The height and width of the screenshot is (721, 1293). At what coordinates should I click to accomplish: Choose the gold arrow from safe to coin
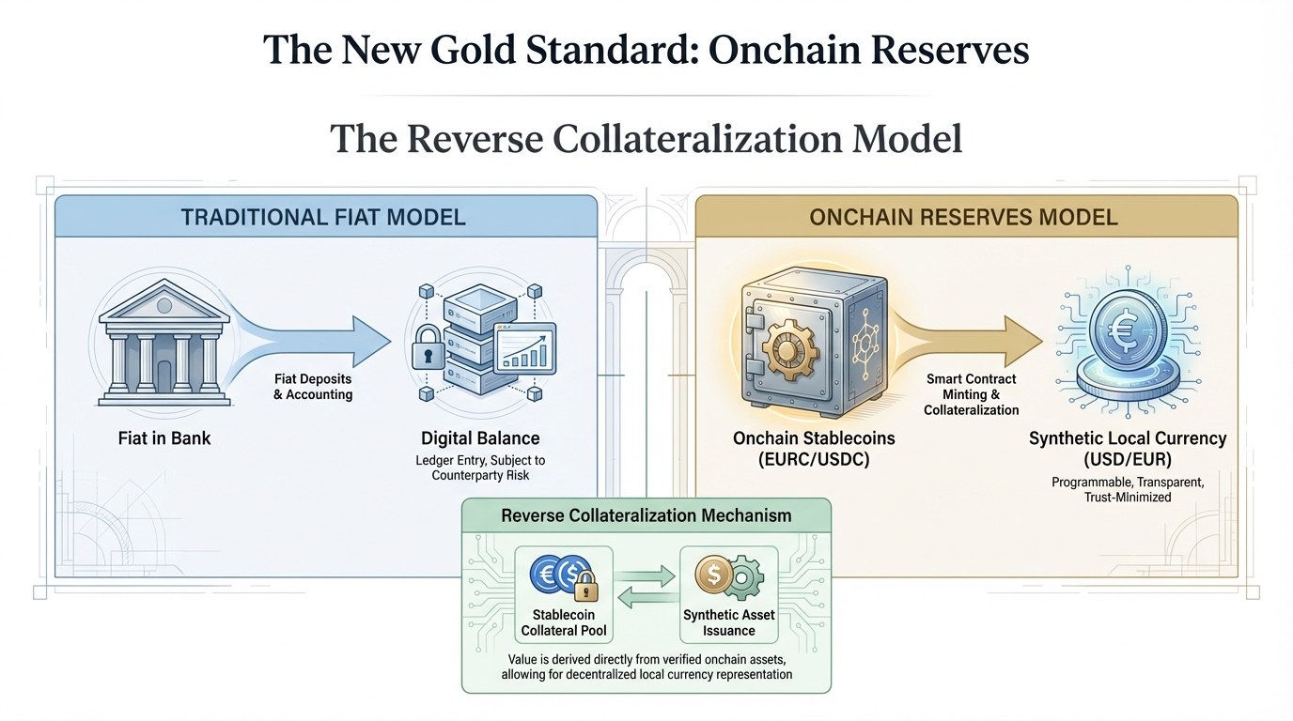coord(968,338)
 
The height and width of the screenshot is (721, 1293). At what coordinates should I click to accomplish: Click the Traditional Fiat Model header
coord(323,218)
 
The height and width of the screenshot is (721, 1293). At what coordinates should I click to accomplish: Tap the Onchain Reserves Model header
coord(964,218)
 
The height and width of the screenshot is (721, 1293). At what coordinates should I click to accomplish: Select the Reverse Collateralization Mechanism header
coord(646,515)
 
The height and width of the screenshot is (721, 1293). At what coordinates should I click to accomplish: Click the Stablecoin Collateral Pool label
coord(565,622)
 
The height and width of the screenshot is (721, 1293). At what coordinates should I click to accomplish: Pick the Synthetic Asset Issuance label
coord(729,622)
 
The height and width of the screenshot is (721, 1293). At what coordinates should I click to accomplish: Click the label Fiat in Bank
coord(164,437)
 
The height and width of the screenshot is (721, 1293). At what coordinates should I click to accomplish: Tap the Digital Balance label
coord(479,437)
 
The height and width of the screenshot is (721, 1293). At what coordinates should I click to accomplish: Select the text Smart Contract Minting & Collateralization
coord(971,394)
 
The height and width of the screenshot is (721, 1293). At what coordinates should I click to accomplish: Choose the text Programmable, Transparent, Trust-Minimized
coord(1128,489)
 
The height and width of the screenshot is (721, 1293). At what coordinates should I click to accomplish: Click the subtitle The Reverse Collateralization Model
coord(646,139)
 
